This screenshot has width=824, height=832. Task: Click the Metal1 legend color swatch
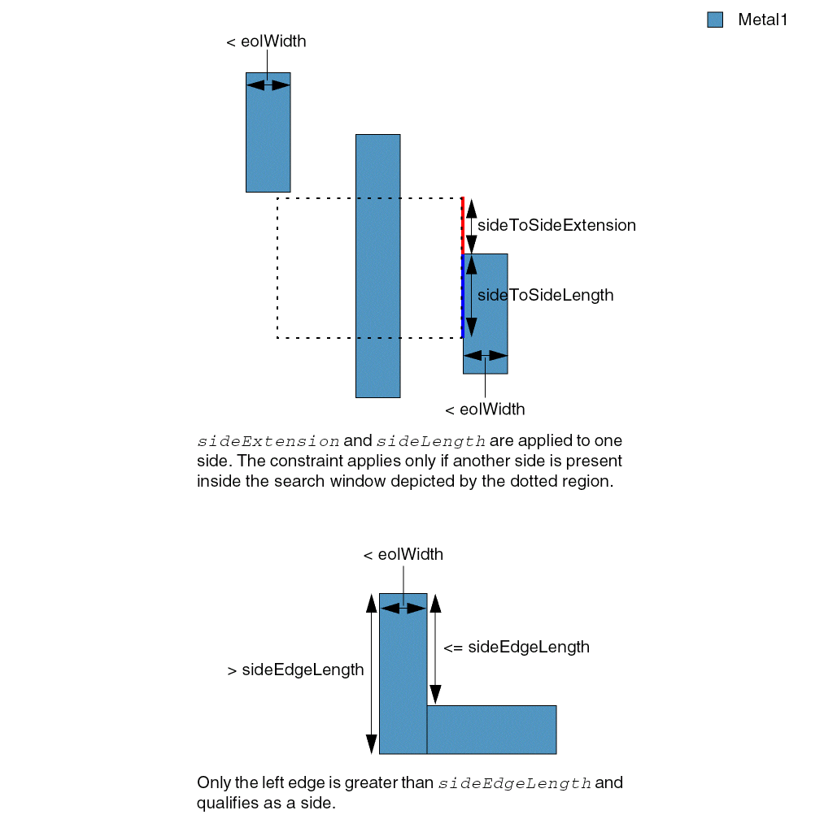pyautogui.click(x=715, y=20)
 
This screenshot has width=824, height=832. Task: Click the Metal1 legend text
pyautogui.click(x=762, y=20)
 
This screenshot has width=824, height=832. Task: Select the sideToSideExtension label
pyautogui.click(x=556, y=225)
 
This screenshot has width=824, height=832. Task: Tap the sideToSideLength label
pyautogui.click(x=545, y=295)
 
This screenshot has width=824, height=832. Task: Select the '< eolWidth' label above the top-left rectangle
pyautogui.click(x=266, y=41)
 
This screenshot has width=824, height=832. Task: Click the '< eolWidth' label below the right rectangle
pyautogui.click(x=485, y=409)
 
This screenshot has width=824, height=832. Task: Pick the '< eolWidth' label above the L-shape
pyautogui.click(x=403, y=555)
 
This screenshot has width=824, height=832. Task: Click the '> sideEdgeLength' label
pyautogui.click(x=295, y=670)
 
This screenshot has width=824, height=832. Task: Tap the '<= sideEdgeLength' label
pyautogui.click(x=516, y=647)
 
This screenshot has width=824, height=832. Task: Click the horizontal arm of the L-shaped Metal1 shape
pyautogui.click(x=491, y=729)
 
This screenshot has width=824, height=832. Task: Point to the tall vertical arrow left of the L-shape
pyautogui.click(x=372, y=674)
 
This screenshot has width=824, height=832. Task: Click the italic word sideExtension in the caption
pyautogui.click(x=268, y=441)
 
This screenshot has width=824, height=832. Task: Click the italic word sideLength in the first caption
pyautogui.click(x=431, y=441)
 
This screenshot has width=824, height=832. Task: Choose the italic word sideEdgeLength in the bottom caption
pyautogui.click(x=514, y=783)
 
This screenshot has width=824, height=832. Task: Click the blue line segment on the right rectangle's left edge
pyautogui.click(x=463, y=295)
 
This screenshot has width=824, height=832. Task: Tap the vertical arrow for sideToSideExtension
pyautogui.click(x=472, y=226)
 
